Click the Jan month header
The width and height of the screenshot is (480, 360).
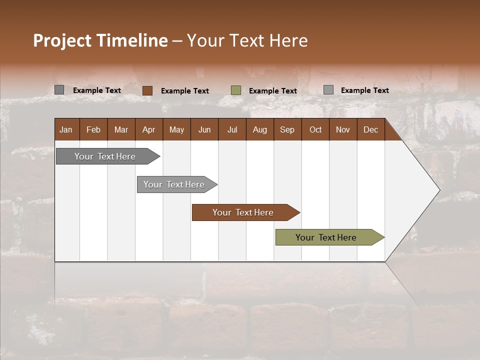pos(66,129)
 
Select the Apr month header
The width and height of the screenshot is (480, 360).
pos(149,129)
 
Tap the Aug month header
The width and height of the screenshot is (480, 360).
pos(260,129)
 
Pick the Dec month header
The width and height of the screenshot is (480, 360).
pos(371,129)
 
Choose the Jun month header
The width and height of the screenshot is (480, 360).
pos(204,129)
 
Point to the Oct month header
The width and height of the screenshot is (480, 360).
pos(315,129)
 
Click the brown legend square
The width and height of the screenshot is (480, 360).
pos(147,90)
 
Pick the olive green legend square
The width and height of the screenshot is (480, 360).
pos(236,90)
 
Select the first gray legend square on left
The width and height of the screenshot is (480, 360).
pos(59,90)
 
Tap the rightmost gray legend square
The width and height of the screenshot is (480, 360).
pos(328,90)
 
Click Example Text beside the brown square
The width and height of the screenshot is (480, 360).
pos(185,91)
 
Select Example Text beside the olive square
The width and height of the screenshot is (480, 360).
pos(273,91)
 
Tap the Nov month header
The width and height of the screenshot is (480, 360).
pos(343,129)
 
